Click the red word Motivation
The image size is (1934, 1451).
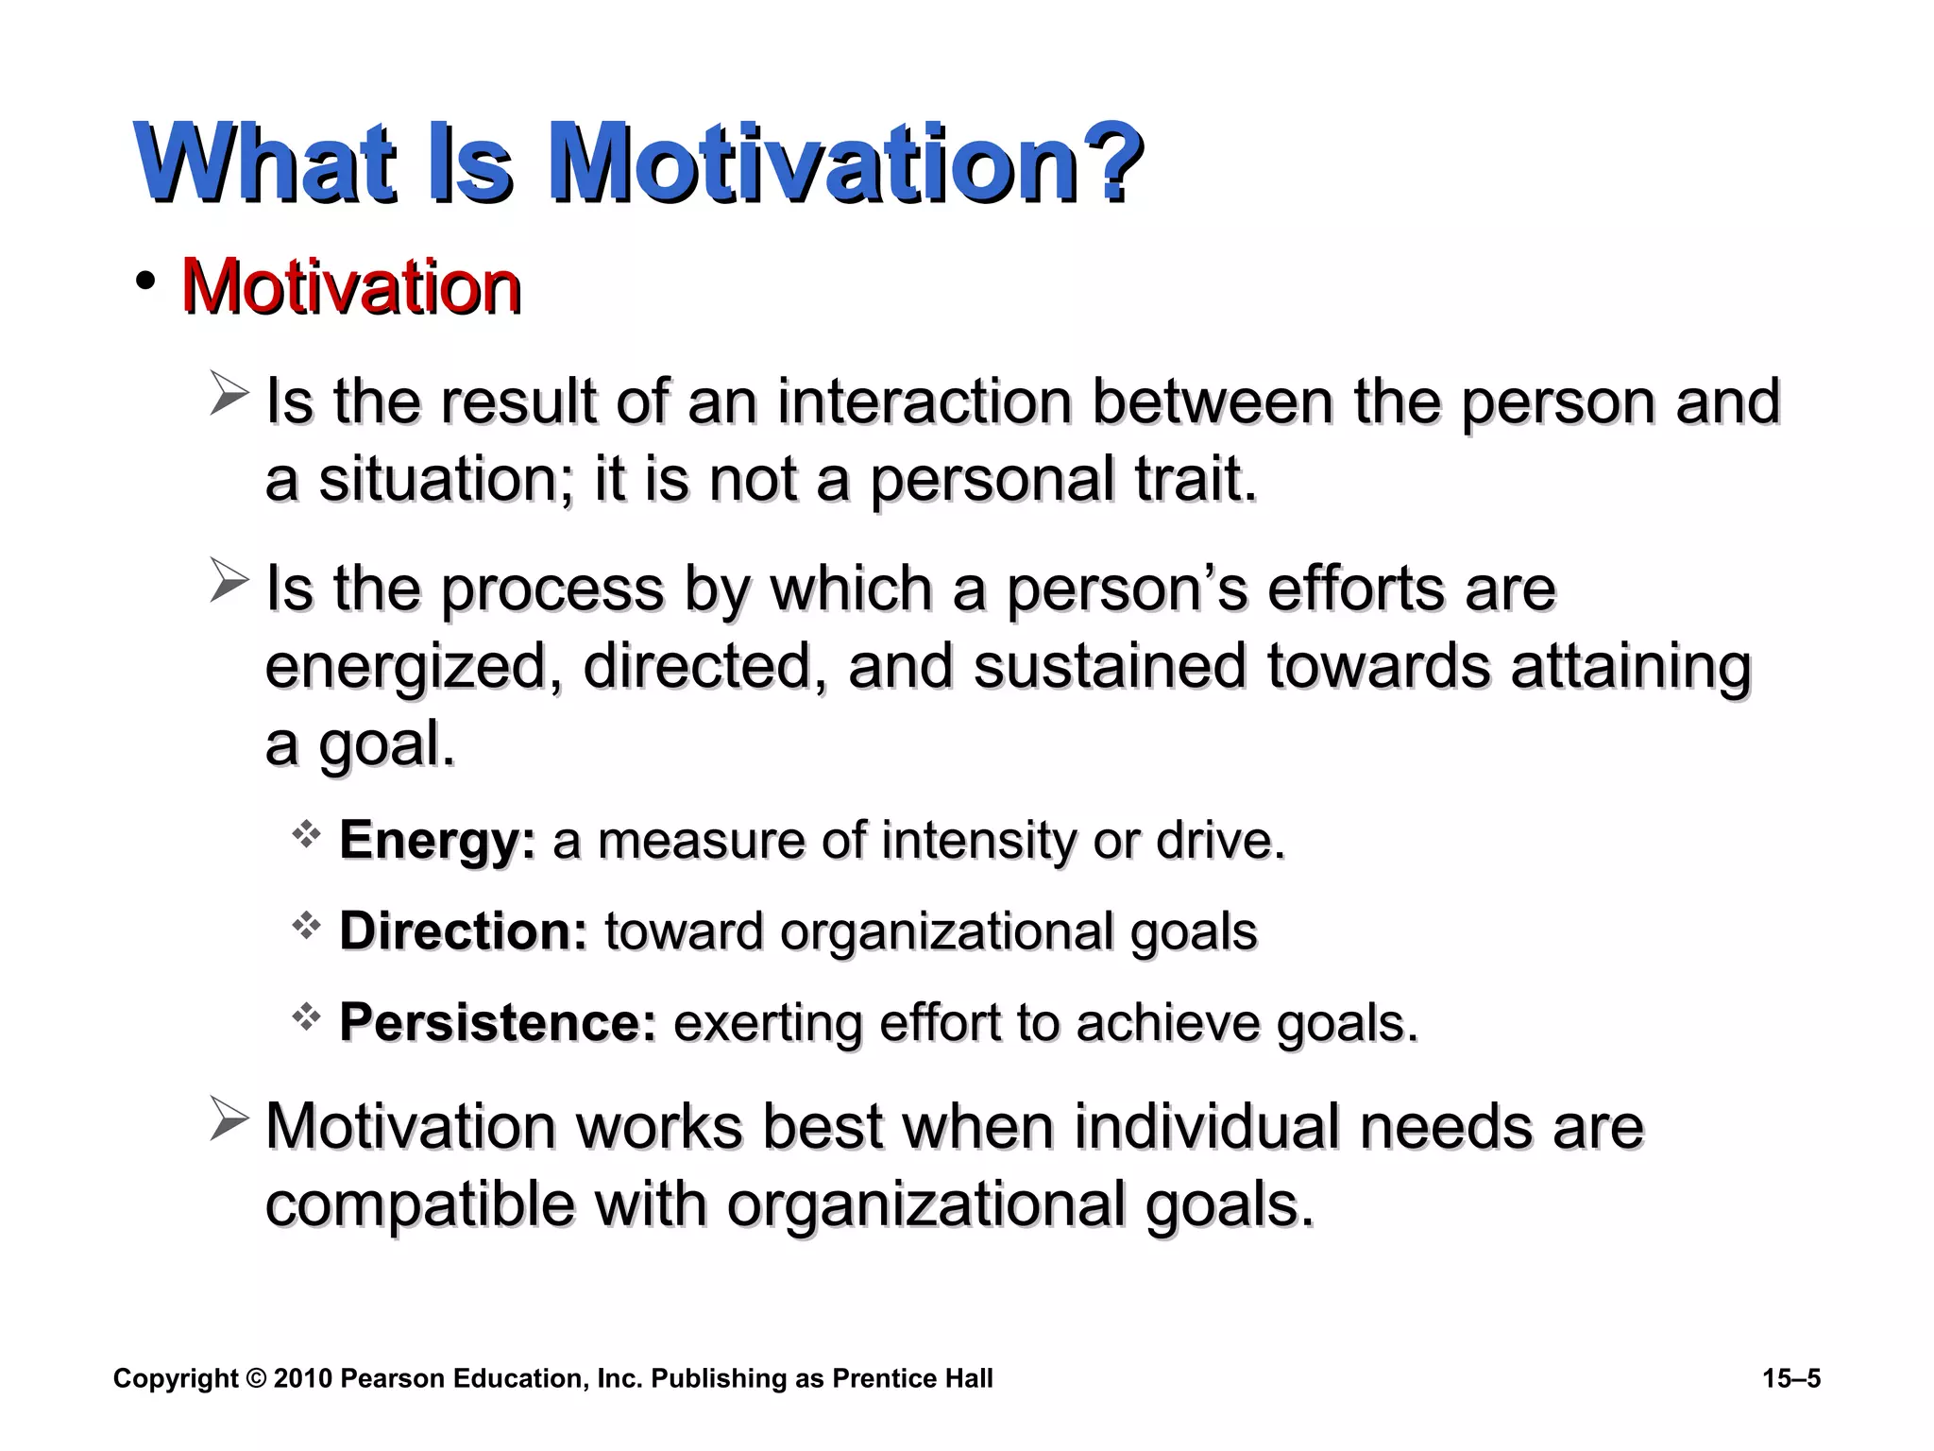(350, 286)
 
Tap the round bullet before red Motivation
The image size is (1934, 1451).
(144, 281)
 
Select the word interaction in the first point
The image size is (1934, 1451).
(924, 401)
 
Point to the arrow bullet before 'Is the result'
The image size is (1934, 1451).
(229, 394)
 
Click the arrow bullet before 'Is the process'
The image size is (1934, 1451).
(229, 580)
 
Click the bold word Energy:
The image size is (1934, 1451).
(436, 840)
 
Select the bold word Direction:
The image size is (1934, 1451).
(463, 930)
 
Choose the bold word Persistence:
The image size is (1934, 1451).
(497, 1022)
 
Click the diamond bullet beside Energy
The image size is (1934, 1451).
(306, 834)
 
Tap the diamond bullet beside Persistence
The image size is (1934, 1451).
(306, 1017)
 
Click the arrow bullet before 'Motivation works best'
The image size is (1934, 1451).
(229, 1119)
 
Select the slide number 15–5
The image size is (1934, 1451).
(1790, 1378)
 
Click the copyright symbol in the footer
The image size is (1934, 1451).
(255, 1378)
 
